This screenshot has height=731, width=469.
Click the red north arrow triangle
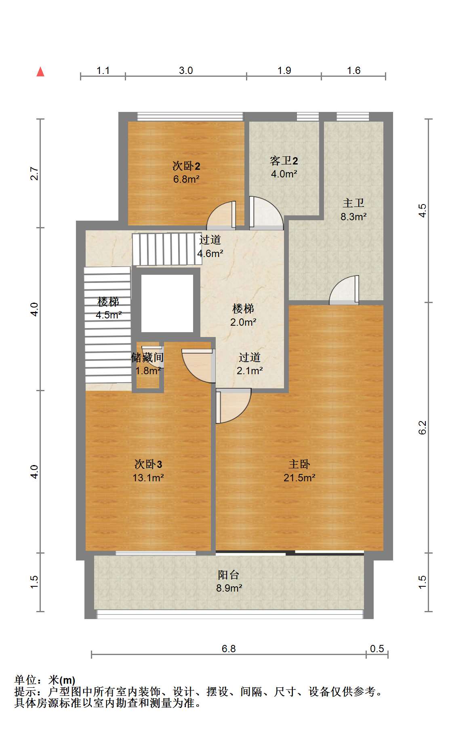[x=40, y=72]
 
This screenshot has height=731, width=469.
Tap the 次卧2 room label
[x=186, y=166]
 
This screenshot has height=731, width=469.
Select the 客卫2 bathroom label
[x=284, y=161]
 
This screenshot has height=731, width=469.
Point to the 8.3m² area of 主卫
[x=353, y=217]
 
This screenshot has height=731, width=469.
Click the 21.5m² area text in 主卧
[x=299, y=478]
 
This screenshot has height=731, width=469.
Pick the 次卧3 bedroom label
[x=148, y=464]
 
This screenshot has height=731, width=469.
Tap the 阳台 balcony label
[x=229, y=574]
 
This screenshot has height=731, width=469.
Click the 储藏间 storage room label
[x=147, y=357]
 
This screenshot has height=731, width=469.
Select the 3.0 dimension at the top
[x=186, y=70]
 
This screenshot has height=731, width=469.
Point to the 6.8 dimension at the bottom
[x=229, y=649]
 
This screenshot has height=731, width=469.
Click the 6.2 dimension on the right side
[x=423, y=428]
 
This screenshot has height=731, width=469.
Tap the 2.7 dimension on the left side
[x=35, y=173]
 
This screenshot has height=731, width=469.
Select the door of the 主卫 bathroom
[x=344, y=289]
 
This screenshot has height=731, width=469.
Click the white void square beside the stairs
[x=167, y=303]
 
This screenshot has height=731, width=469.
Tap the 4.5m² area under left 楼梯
[x=109, y=315]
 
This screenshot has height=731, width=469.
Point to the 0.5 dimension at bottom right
[x=377, y=649]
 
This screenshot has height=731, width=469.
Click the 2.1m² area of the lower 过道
[x=250, y=371]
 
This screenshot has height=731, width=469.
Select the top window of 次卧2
[x=190, y=116]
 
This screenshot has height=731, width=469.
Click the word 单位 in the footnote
[x=25, y=680]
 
